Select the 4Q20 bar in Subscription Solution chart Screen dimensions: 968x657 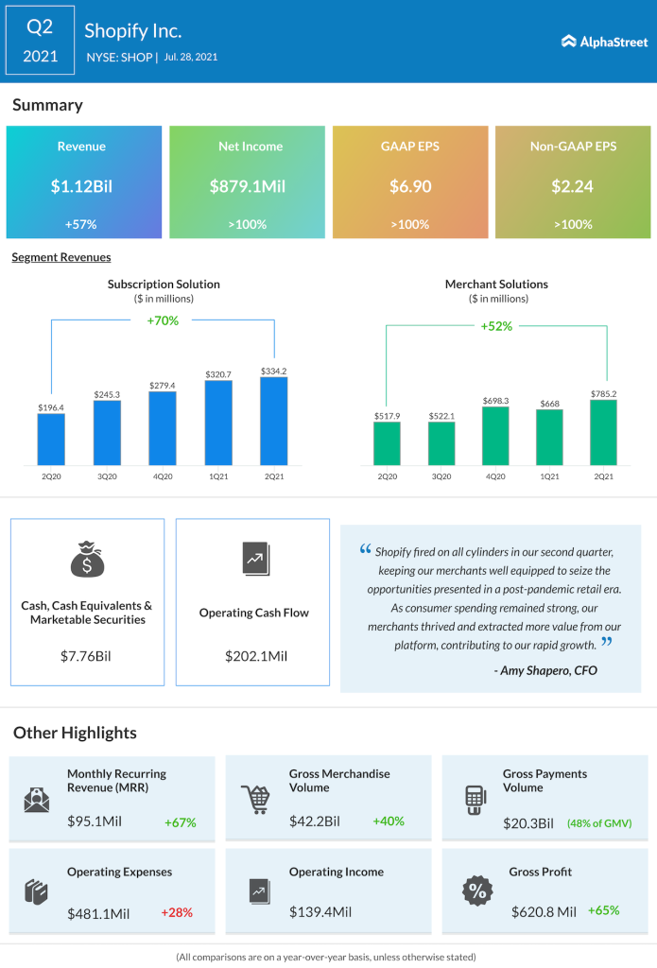[x=162, y=428]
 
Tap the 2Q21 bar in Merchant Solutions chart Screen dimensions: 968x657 [x=603, y=433]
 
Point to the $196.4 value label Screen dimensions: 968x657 [x=51, y=406]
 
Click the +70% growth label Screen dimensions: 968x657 [x=163, y=320]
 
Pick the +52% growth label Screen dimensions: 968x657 [x=496, y=326]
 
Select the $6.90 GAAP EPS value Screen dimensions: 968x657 [x=410, y=186]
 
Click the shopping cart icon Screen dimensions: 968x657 [x=254, y=799]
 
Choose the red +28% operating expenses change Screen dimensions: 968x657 [x=177, y=913]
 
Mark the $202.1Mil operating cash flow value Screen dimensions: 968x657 [x=255, y=655]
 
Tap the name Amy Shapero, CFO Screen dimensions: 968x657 [x=545, y=670]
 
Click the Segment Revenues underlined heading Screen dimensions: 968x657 [x=61, y=257]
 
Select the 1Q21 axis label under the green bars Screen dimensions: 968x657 [x=549, y=476]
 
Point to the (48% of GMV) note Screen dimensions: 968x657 [x=599, y=823]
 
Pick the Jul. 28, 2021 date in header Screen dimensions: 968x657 [x=191, y=57]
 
